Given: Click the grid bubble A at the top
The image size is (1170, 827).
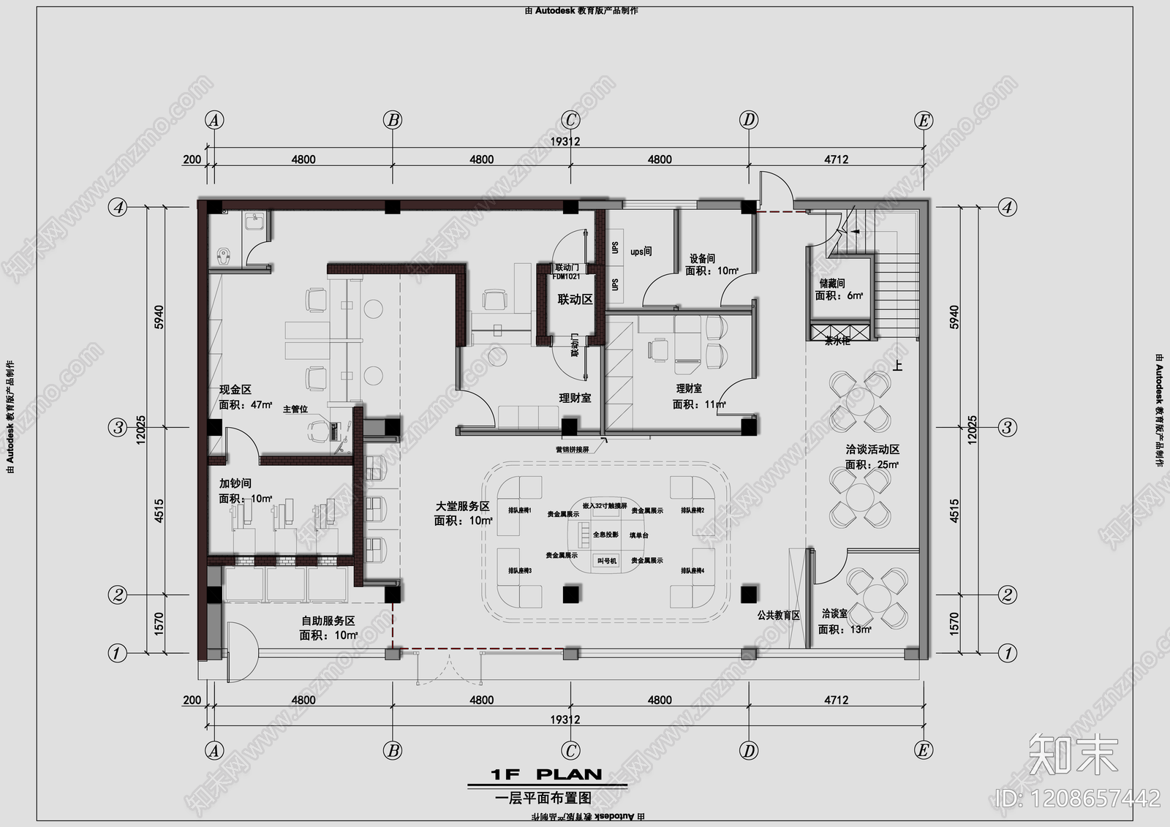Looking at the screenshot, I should click(x=214, y=120).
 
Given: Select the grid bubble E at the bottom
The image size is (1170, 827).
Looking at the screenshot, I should click(x=923, y=749).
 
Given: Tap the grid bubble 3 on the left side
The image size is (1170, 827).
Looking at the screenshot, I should click(x=118, y=427).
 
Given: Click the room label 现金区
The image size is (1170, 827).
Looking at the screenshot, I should click(x=235, y=390).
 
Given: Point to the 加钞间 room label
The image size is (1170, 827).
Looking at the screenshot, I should click(x=235, y=483).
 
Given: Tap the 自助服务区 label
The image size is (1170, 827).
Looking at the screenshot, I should click(x=328, y=621).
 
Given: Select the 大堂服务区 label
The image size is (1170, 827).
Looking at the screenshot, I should click(x=462, y=506).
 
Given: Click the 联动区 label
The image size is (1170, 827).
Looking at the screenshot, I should click(x=575, y=299).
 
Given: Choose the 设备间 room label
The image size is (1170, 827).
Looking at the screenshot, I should click(x=702, y=258).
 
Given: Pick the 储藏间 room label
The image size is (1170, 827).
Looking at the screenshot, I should click(x=832, y=283).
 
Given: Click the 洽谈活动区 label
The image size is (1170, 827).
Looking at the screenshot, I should click(x=872, y=450).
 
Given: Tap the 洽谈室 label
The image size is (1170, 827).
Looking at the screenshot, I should click(x=834, y=613).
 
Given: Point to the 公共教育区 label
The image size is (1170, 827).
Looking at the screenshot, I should click(x=778, y=615).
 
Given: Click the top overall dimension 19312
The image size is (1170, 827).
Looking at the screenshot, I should click(x=565, y=141).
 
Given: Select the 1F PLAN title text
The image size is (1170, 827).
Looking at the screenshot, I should click(x=546, y=774).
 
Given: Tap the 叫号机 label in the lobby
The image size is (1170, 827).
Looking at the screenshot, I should click(x=607, y=561).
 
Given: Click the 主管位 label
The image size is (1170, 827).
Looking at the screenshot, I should click(x=295, y=409).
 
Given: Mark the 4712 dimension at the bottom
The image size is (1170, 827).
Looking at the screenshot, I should click(x=836, y=700).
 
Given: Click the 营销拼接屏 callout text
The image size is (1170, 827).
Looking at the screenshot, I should click(x=572, y=450).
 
